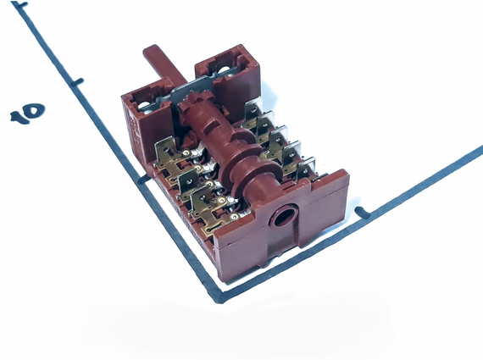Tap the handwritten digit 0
point(35,110)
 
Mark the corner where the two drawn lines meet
point(219,297)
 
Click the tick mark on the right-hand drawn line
point(363,213)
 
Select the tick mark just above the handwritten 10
point(77,82)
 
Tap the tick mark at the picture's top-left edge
point(20,4)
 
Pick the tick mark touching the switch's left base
point(143,180)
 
